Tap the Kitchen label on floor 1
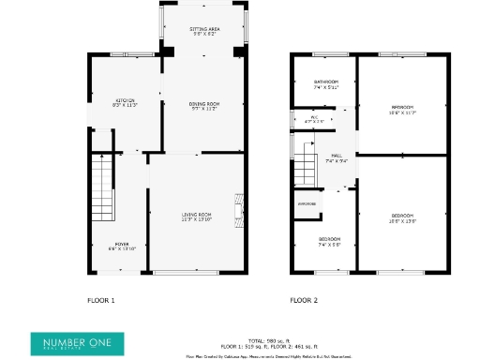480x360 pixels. (126, 103)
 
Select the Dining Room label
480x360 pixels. (204, 106)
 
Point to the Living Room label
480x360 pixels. (197, 217)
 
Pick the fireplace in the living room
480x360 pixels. (240, 212)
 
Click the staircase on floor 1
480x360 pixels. (100, 187)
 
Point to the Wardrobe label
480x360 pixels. (307, 203)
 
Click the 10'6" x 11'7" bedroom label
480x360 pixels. (402, 110)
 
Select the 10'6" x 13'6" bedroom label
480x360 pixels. (402, 218)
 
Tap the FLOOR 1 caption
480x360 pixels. (100, 300)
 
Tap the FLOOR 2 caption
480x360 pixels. (304, 300)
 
